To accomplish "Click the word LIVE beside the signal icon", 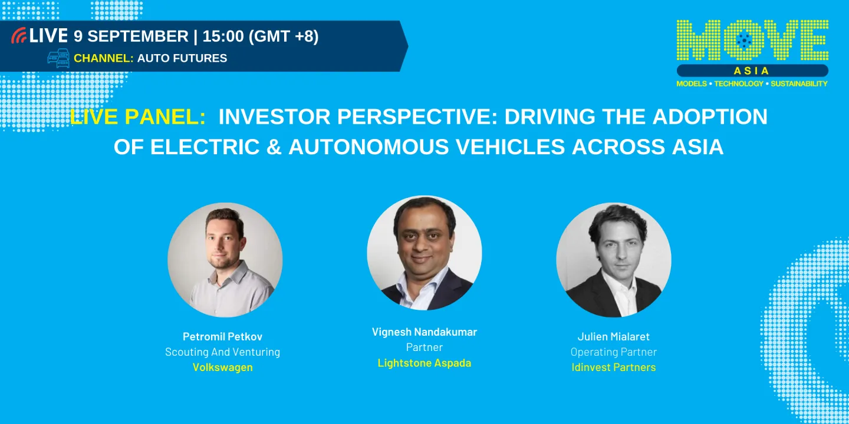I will [x=49, y=36].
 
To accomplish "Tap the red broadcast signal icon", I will [x=19, y=37].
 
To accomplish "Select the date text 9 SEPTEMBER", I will [x=131, y=37].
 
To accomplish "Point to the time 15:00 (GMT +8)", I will [x=260, y=37].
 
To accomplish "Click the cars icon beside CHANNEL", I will [x=58, y=58].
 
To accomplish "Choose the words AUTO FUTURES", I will [x=182, y=58].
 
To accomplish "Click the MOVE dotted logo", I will [x=752, y=41].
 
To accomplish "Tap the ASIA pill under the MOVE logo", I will [x=752, y=71].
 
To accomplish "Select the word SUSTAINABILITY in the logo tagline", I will [x=799, y=84].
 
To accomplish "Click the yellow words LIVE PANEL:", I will [x=137, y=117].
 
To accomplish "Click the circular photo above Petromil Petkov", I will [x=225, y=260].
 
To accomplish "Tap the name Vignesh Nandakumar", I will [x=424, y=332].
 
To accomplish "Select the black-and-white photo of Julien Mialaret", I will [x=614, y=260].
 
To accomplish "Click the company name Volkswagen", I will [x=222, y=367].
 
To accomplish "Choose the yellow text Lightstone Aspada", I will [x=424, y=363].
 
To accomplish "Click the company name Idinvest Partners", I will [x=614, y=367].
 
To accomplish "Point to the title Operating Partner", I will [x=614, y=352].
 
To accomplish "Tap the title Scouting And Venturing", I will [x=222, y=352].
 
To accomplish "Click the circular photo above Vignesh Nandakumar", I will [x=424, y=253].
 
